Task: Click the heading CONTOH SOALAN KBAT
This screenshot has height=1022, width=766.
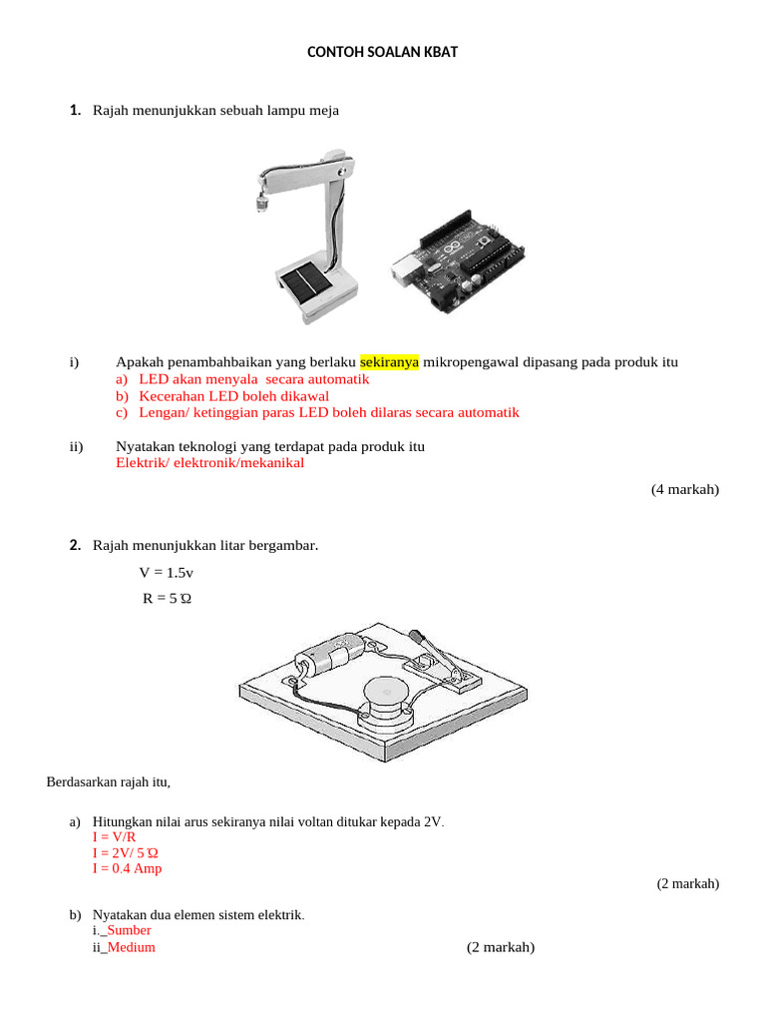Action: [x=382, y=52]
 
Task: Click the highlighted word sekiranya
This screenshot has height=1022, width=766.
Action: [x=389, y=362]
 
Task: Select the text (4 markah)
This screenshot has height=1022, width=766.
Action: [x=685, y=489]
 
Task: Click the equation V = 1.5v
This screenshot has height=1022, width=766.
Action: [x=167, y=572]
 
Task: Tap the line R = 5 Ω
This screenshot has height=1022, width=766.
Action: [x=167, y=600]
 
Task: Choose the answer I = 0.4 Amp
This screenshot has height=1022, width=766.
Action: [x=127, y=868]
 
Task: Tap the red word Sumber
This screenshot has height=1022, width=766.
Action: [x=129, y=930]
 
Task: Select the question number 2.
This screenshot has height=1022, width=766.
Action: [x=75, y=545]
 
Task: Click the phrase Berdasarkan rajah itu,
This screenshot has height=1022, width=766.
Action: [x=108, y=781]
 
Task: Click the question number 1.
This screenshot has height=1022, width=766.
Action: [x=75, y=110]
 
